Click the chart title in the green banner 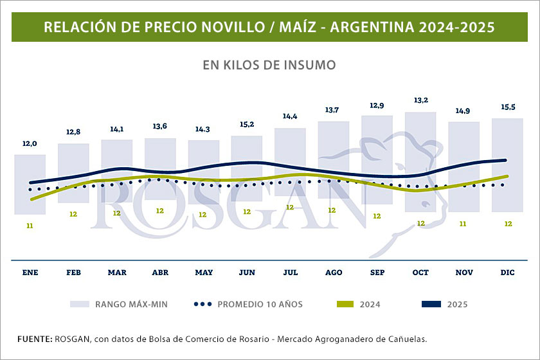click(269, 28)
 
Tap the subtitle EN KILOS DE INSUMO click(269, 65)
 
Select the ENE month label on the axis click(30, 273)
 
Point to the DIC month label click(507, 273)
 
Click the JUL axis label click(291, 273)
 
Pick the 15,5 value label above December click(507, 105)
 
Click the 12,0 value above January click(30, 144)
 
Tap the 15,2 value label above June click(247, 124)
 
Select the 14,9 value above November click(464, 111)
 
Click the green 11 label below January click(30, 226)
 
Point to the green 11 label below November click(464, 224)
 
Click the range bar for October click(420, 161)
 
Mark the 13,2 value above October click(420, 100)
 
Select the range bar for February click(73, 174)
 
